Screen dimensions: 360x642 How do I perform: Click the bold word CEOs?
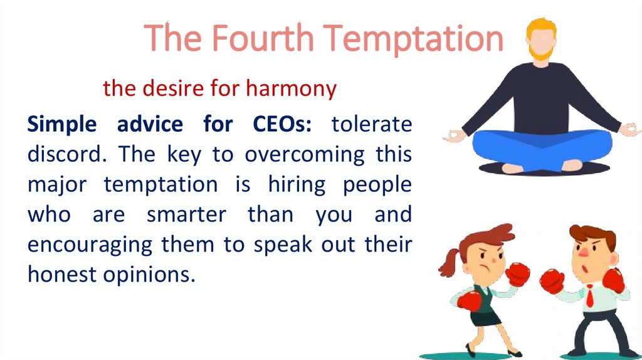tap(274, 124)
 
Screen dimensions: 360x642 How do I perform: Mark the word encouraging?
tap(90, 245)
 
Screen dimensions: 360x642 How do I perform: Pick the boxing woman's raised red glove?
tap(518, 274)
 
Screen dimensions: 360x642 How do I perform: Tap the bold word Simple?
tap(62, 124)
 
